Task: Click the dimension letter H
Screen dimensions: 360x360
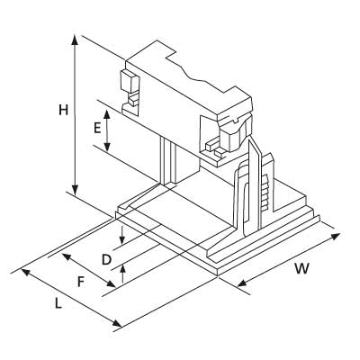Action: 63,111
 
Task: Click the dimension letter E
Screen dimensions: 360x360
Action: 97,128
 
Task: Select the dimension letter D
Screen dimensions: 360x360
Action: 107,259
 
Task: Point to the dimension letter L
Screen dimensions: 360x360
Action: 58,303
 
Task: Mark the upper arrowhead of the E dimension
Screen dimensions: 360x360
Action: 109,111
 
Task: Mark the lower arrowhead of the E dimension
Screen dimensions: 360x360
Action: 109,149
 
